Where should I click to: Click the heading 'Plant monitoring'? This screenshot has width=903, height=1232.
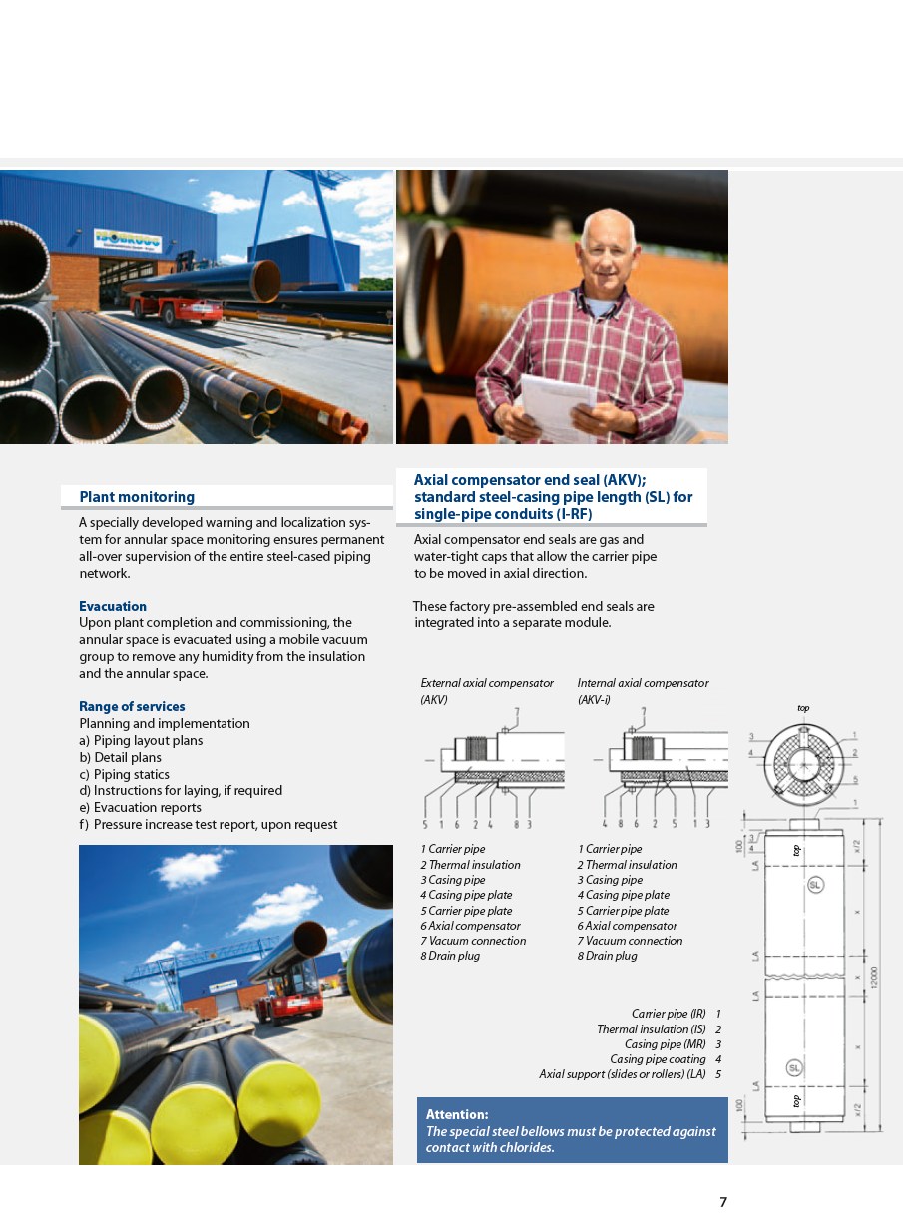137,497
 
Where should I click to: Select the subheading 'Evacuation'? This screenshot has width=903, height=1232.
113,606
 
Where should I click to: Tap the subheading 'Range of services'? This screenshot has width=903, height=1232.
132,706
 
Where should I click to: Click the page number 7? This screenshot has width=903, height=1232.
723,1202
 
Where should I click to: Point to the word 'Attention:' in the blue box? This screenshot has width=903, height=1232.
457,1114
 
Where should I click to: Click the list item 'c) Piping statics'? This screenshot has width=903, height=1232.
125,774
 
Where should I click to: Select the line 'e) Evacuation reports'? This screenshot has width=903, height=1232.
140,807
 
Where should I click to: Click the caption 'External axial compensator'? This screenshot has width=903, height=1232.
487,683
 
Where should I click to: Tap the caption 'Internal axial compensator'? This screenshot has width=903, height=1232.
643,683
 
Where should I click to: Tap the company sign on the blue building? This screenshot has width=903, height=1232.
129,238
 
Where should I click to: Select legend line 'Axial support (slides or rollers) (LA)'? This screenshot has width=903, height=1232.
623,1074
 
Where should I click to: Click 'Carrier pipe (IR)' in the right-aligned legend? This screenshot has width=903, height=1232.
669,1014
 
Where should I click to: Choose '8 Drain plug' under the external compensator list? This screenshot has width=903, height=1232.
450,956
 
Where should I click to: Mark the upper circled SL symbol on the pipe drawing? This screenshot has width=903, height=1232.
815,885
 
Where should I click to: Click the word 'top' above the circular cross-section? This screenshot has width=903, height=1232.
803,708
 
